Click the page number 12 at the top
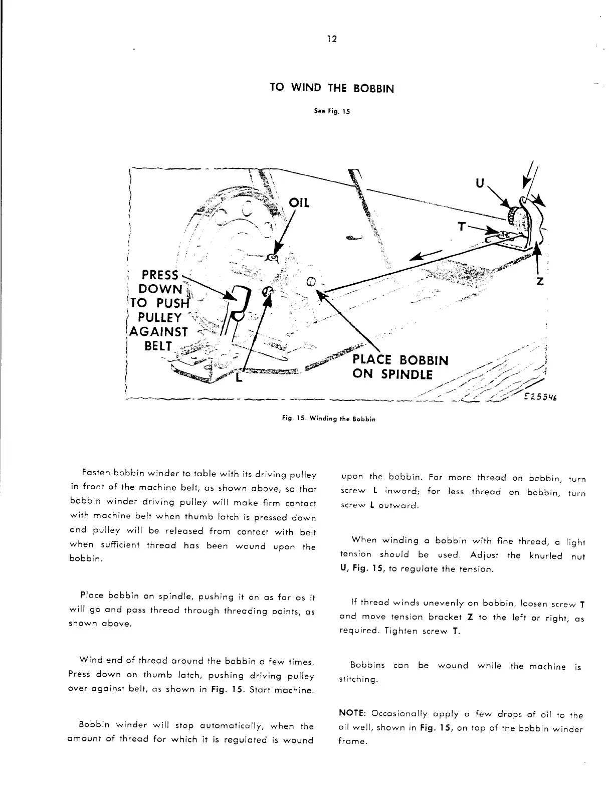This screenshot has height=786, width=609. point(331,39)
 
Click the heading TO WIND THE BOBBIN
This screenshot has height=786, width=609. point(332,89)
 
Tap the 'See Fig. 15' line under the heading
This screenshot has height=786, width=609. point(332,111)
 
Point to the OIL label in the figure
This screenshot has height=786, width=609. point(300,203)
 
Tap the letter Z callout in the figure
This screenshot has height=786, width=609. point(540,282)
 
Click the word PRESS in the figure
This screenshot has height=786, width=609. point(160,275)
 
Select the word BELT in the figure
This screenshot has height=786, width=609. point(158,346)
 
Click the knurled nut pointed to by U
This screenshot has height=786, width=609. point(515,215)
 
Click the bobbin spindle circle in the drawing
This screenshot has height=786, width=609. point(310,281)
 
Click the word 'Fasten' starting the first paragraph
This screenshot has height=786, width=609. point(95,474)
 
